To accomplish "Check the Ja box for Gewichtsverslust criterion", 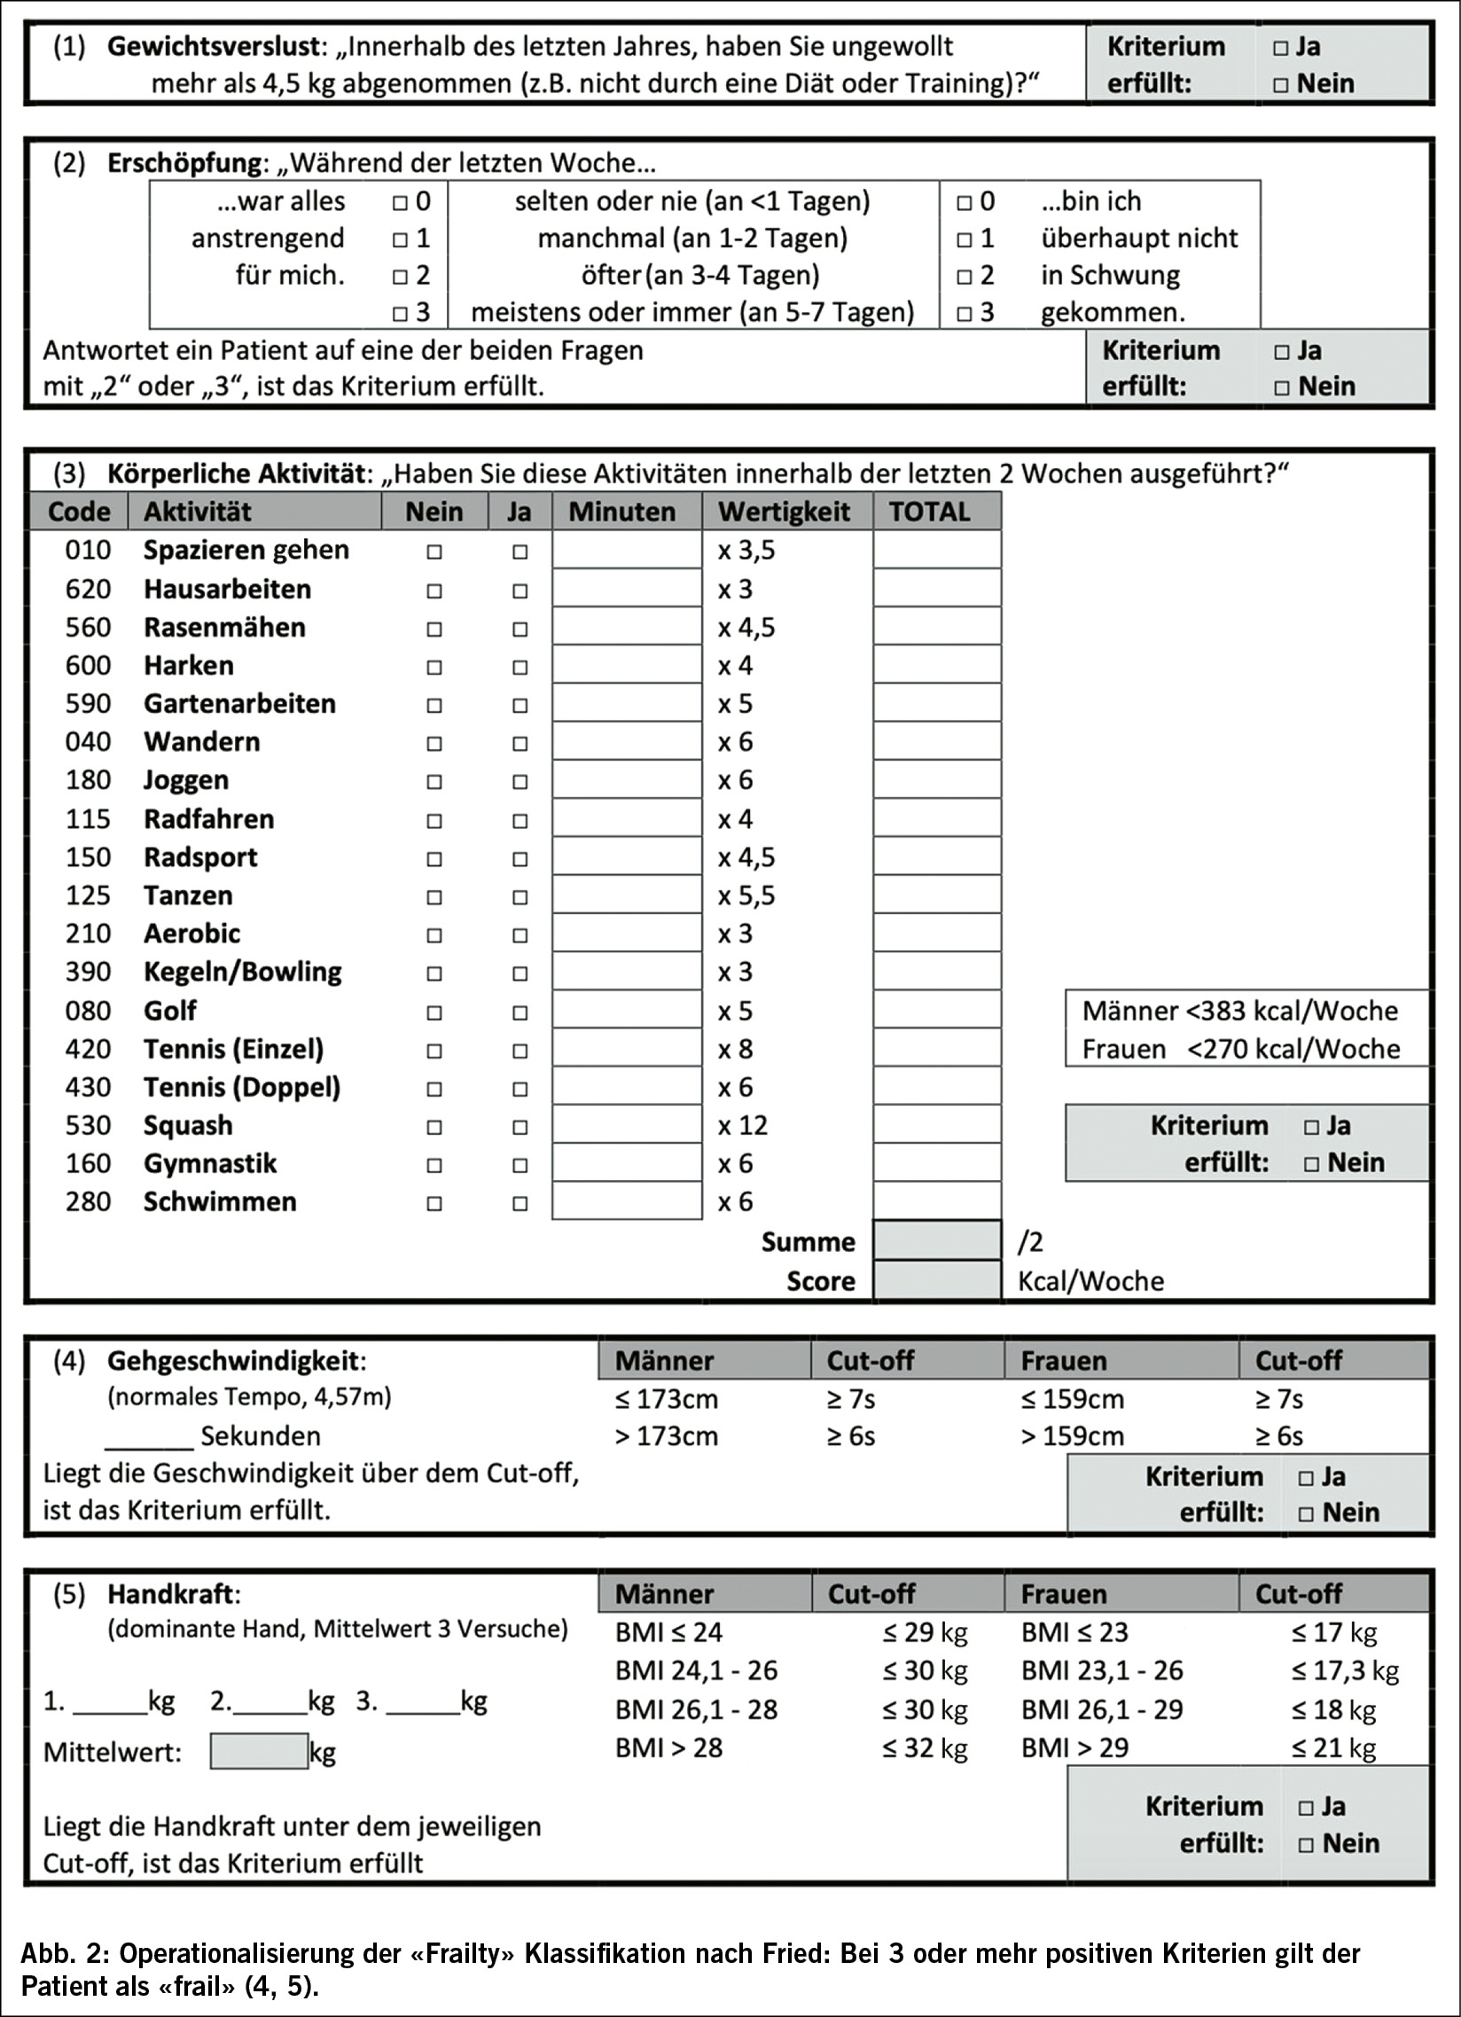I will pyautogui.click(x=1280, y=48).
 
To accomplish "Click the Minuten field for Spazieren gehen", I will pyautogui.click(x=627, y=551).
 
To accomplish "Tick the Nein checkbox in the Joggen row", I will pyautogui.click(x=434, y=782).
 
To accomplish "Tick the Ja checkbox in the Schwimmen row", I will pyautogui.click(x=520, y=1203).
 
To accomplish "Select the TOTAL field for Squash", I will pyautogui.click(x=936, y=1126).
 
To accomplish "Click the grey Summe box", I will pyautogui.click(x=936, y=1241).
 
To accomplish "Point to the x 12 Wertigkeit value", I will pyautogui.click(x=743, y=1126).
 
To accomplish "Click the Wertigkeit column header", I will pyautogui.click(x=785, y=512).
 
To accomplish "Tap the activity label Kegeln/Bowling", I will pyautogui.click(x=242, y=972).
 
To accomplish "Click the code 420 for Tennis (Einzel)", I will pyautogui.click(x=88, y=1050).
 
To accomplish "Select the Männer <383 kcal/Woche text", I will pyautogui.click(x=1239, y=1012).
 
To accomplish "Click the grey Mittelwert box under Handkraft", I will pyautogui.click(x=259, y=1751).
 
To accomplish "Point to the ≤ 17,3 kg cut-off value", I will pyautogui.click(x=1345, y=1671).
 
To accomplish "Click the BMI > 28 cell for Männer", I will pyautogui.click(x=668, y=1747).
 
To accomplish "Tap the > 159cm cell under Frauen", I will pyautogui.click(x=1073, y=1436).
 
